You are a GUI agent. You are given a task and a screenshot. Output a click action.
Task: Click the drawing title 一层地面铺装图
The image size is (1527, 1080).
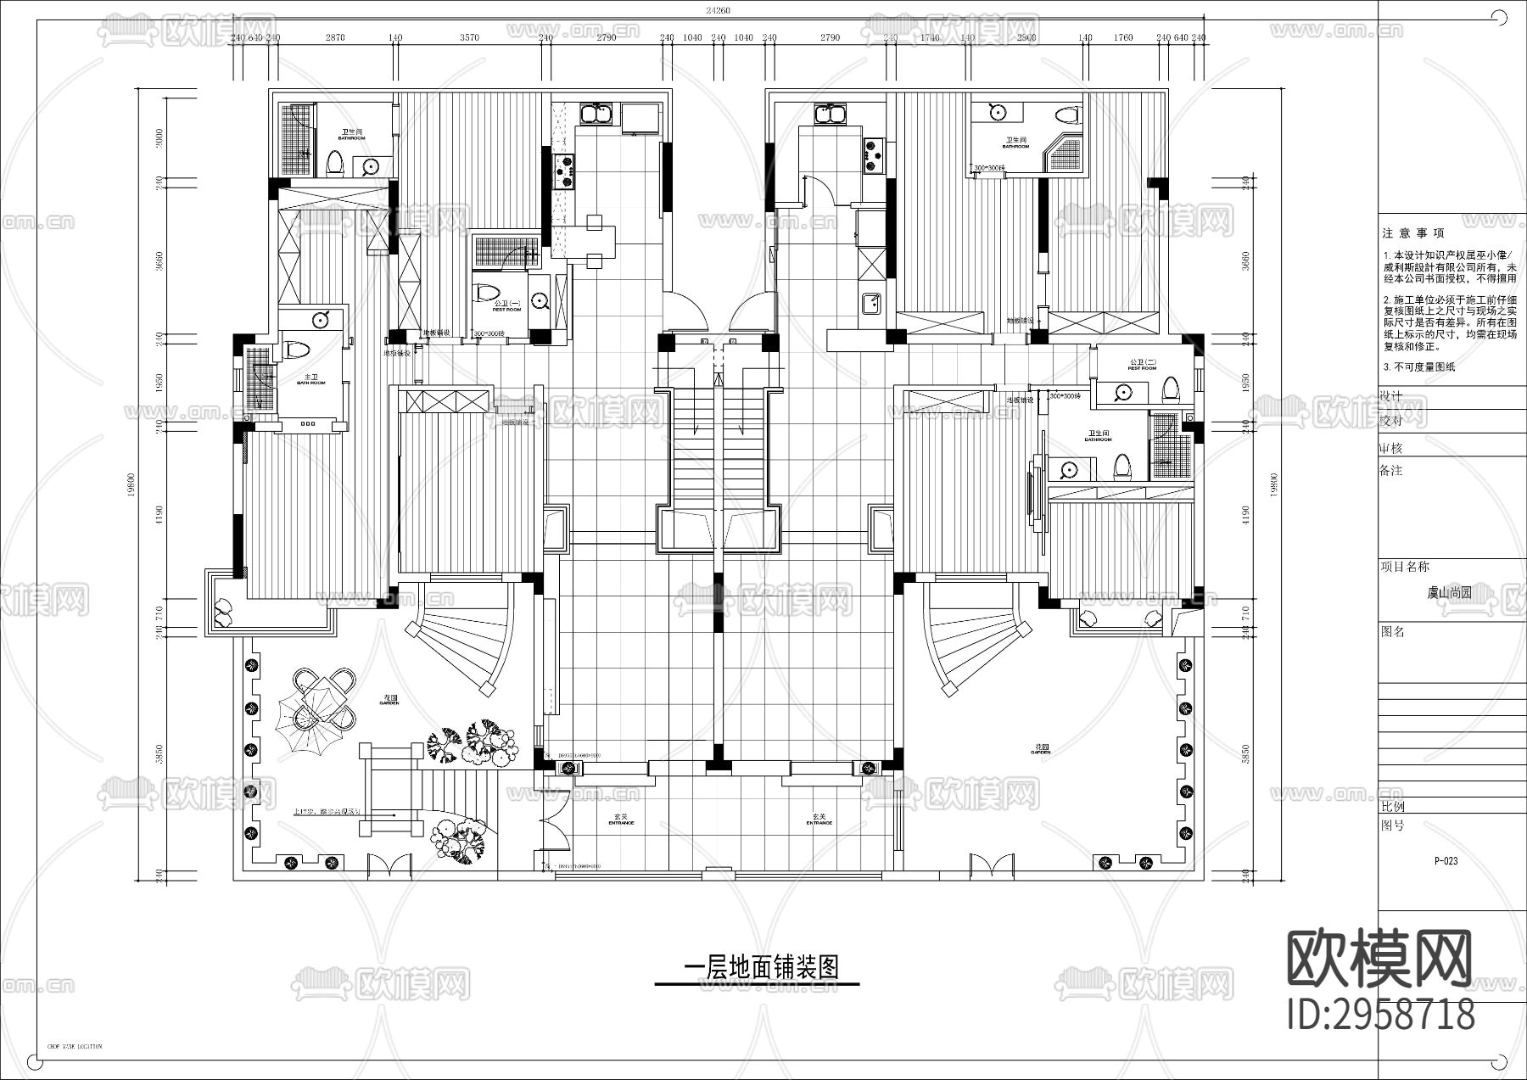click(761, 967)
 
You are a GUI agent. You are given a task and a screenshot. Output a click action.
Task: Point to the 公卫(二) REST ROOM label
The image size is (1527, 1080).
click(1142, 365)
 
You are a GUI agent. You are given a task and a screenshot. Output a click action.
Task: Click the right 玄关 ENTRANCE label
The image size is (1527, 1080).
click(819, 820)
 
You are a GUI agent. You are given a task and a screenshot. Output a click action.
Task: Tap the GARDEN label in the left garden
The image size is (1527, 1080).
click(389, 701)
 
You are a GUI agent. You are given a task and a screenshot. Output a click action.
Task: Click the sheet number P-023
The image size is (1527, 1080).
click(1446, 860)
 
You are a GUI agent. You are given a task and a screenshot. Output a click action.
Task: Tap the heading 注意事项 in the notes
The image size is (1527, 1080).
click(1412, 233)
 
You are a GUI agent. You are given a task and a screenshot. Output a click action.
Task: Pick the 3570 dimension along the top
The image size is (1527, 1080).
click(469, 38)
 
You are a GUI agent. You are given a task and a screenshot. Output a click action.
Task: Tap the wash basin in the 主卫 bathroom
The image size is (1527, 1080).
click(321, 319)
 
